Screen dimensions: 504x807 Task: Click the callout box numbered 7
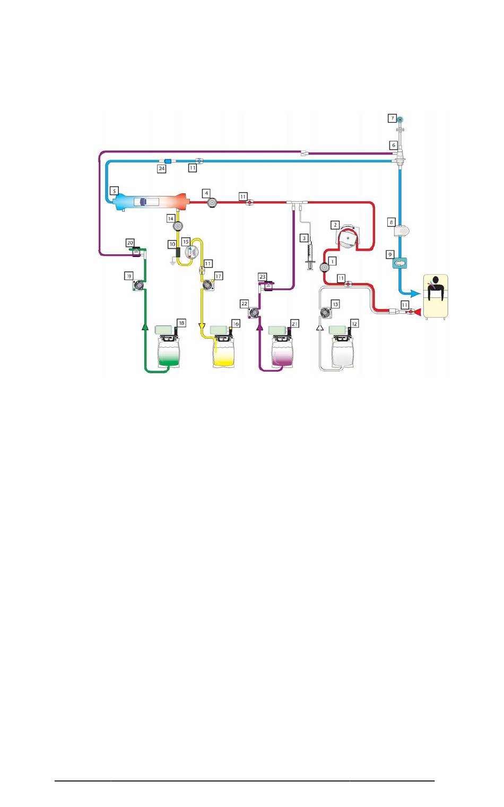tap(393, 118)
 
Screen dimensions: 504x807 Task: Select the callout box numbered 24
tap(162, 168)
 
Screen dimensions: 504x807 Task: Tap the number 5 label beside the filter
tap(114, 191)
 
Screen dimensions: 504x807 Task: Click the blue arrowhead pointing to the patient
tap(415, 294)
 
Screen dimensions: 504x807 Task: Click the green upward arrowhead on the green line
tap(145, 327)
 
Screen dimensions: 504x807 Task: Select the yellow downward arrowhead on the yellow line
tap(202, 327)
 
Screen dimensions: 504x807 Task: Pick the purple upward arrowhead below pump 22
tap(259, 327)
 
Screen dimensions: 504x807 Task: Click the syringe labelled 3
tap(310, 256)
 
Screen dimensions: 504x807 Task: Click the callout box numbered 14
tap(171, 218)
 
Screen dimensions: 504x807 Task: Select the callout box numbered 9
tap(390, 255)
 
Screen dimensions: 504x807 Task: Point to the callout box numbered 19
tap(129, 276)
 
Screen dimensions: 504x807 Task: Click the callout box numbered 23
tap(263, 277)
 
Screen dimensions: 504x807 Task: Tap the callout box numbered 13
tap(335, 304)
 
